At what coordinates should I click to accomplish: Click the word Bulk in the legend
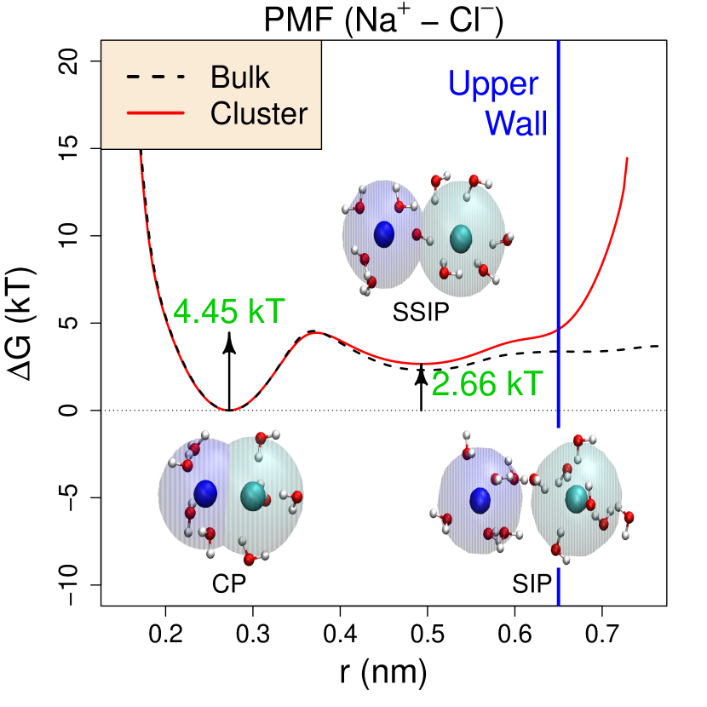click(240, 78)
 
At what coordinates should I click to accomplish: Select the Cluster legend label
click(259, 113)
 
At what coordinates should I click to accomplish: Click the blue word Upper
click(493, 83)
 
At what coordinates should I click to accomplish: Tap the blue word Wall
click(516, 124)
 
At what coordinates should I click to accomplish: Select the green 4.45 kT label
click(228, 313)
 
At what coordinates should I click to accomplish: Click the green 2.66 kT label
click(486, 384)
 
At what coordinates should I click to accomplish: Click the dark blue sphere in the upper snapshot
click(384, 234)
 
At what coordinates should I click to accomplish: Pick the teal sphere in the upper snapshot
click(461, 238)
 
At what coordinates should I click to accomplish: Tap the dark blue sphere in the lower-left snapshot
click(205, 493)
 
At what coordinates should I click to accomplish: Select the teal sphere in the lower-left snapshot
click(253, 496)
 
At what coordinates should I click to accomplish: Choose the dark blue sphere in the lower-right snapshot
click(480, 500)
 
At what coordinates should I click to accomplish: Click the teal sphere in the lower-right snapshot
click(577, 497)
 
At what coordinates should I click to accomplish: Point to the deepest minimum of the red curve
click(227, 410)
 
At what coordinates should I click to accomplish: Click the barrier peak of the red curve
click(319, 332)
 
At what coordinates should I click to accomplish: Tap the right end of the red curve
click(628, 158)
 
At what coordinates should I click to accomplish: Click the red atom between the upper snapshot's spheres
click(417, 234)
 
